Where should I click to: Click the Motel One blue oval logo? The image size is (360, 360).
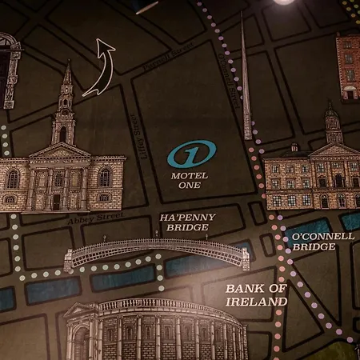(x=191, y=153)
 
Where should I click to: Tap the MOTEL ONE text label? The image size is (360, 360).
(x=190, y=181)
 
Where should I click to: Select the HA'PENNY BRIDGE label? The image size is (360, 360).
(x=184, y=222)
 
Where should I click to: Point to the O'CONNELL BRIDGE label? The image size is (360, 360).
(x=312, y=242)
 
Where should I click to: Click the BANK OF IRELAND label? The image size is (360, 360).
(x=256, y=294)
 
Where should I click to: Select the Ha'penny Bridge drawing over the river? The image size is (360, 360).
(x=156, y=253)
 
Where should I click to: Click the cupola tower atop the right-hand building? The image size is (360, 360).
(x=333, y=124)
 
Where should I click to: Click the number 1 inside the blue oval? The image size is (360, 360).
(x=191, y=153)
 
